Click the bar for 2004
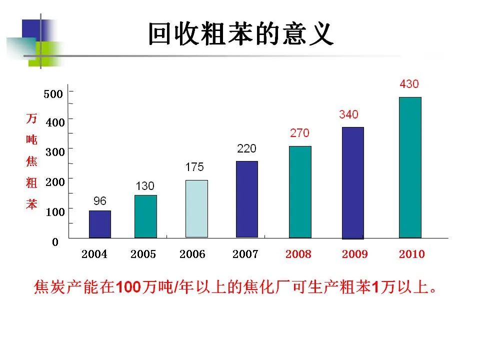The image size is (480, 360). tap(100, 224)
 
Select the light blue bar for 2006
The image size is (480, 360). tap(196, 208)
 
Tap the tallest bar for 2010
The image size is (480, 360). tap(410, 167)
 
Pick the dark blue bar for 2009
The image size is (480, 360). tap(352, 183)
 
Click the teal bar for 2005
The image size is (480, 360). tap(145, 216)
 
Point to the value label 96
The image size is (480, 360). tap(100, 201)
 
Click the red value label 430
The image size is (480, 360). tap(409, 84)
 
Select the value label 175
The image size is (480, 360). tap(194, 167)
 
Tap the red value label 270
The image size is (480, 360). tap(299, 133)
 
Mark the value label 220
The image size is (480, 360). tap(246, 148)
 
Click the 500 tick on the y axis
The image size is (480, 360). tap(53, 94)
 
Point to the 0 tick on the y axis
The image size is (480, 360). tap(55, 242)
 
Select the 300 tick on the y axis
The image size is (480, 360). tap(55, 152)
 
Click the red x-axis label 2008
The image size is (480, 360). tap(298, 254)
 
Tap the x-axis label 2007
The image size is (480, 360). tap(245, 254)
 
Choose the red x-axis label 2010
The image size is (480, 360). tap(411, 254)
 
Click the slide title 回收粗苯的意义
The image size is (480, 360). tap(240, 34)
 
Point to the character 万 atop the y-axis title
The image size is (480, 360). tap(31, 118)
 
